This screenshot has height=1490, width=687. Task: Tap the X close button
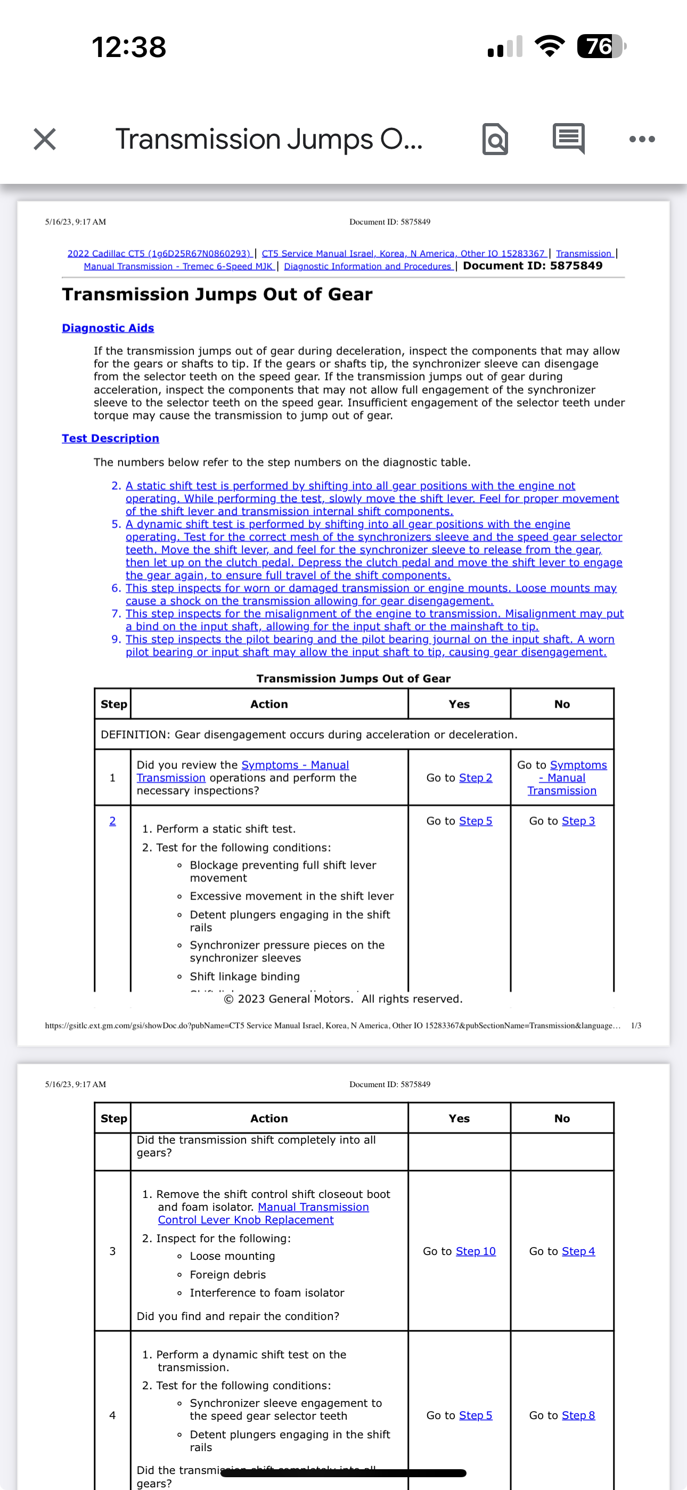pos(45,140)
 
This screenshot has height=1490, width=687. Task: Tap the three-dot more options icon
pos(642,140)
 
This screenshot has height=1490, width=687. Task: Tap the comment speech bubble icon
pos(568,139)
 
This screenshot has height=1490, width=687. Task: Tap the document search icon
pos(495,140)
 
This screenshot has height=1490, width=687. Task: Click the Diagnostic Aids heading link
pos(108,328)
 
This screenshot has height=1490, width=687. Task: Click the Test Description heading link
pos(110,439)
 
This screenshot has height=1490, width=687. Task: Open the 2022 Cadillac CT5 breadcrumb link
pos(159,253)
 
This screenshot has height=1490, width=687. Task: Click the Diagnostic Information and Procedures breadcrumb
pos(368,266)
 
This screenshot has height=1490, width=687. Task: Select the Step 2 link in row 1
pos(476,778)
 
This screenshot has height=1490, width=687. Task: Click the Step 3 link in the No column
pos(578,821)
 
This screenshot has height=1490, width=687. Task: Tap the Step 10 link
pos(476,1251)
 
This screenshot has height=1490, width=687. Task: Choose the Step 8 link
pos(578,1415)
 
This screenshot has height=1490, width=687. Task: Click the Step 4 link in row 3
pos(578,1251)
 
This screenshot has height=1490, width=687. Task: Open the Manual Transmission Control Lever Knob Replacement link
pos(264,1213)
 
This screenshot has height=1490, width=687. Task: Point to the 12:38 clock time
pos(129,47)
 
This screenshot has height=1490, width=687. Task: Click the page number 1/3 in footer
pos(636,1025)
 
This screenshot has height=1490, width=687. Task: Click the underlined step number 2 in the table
pos(113,821)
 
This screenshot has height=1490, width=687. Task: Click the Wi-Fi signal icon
pos(550,46)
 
